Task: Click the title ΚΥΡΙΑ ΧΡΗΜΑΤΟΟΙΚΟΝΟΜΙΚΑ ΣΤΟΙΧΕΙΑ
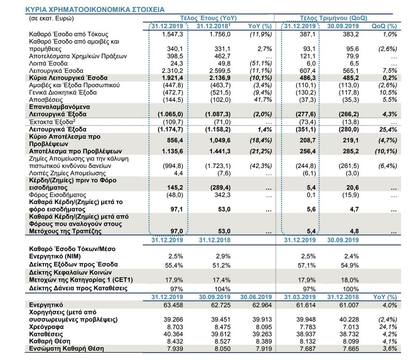[95, 9]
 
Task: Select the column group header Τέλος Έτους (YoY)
[208, 18]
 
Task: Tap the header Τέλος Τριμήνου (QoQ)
[333, 18]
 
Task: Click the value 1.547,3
[173, 34]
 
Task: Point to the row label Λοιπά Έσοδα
[48, 63]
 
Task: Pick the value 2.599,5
[220, 71]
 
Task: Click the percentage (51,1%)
[261, 63]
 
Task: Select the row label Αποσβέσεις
[46, 100]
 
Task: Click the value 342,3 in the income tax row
[222, 195]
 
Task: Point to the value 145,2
[175, 187]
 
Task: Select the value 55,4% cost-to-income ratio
[174, 265]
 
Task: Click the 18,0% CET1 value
[350, 280]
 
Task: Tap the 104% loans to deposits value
[222, 289]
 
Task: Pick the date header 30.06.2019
[256, 297]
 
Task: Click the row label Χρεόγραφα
[46, 327]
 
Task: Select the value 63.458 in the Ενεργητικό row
[173, 305]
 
